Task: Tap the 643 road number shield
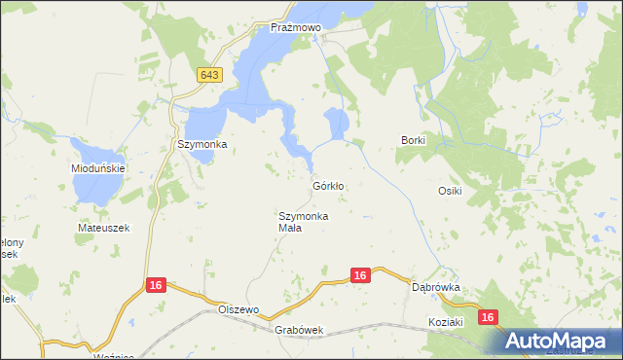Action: click(x=208, y=75)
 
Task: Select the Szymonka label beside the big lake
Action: click(x=202, y=144)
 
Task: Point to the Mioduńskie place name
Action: click(x=96, y=166)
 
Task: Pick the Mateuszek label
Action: click(x=103, y=228)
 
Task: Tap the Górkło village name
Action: click(x=329, y=185)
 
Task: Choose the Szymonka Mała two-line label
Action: click(x=303, y=222)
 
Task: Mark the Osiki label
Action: click(x=449, y=191)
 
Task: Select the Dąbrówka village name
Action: click(x=435, y=288)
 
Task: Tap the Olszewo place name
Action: click(x=240, y=308)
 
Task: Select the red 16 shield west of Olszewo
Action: click(x=155, y=285)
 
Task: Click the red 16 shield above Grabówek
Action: click(x=360, y=276)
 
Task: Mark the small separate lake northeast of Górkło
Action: click(x=339, y=124)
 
